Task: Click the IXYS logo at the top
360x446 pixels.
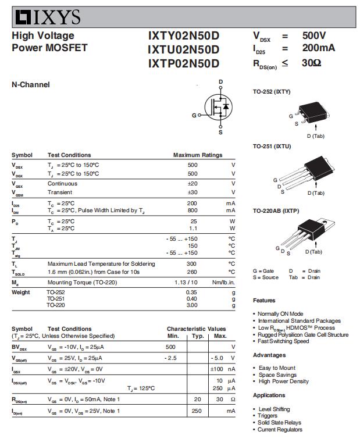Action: [x=47, y=17]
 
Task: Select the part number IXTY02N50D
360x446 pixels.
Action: [x=183, y=36]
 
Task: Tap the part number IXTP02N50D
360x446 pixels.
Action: [x=183, y=63]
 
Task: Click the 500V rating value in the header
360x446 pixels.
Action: [x=314, y=35]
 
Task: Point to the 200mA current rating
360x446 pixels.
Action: [x=319, y=48]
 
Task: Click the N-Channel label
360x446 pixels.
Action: [x=31, y=85]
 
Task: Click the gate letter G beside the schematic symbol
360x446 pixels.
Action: [x=194, y=115]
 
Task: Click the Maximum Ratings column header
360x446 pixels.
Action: [x=198, y=155]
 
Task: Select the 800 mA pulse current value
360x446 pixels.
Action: [x=192, y=210]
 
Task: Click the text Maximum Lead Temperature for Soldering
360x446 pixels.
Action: [x=101, y=264]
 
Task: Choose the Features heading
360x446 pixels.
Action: [x=264, y=301]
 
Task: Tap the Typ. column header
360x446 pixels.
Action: [x=198, y=336]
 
